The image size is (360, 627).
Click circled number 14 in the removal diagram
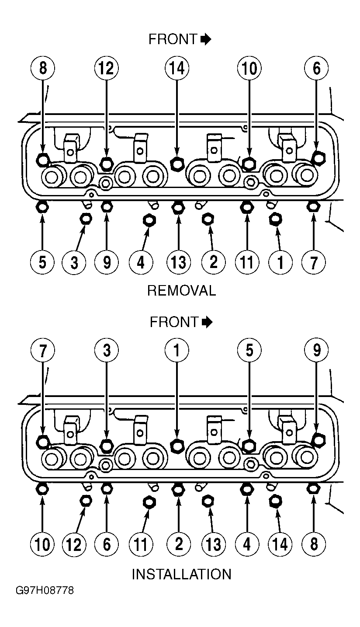coord(177,68)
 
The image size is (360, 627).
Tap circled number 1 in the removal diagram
coord(280,262)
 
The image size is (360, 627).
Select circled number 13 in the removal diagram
coord(178,262)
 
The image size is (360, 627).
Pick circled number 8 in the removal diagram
coord(42,68)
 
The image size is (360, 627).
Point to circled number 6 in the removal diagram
coord(316,68)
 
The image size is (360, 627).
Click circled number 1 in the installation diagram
coord(177,351)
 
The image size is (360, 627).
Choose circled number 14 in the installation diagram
coord(280,545)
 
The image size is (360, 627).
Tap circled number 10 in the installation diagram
coord(42,545)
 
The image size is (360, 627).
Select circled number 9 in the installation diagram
coord(316,351)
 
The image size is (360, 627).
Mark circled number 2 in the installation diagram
coord(178,545)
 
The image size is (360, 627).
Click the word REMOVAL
coord(182,291)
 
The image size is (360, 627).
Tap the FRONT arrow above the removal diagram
coord(206,39)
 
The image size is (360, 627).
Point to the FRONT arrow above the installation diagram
coord(207,322)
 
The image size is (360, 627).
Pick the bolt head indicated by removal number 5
coord(42,208)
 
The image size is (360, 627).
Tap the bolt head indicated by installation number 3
coord(106,445)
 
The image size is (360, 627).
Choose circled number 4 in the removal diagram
coord(141,262)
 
